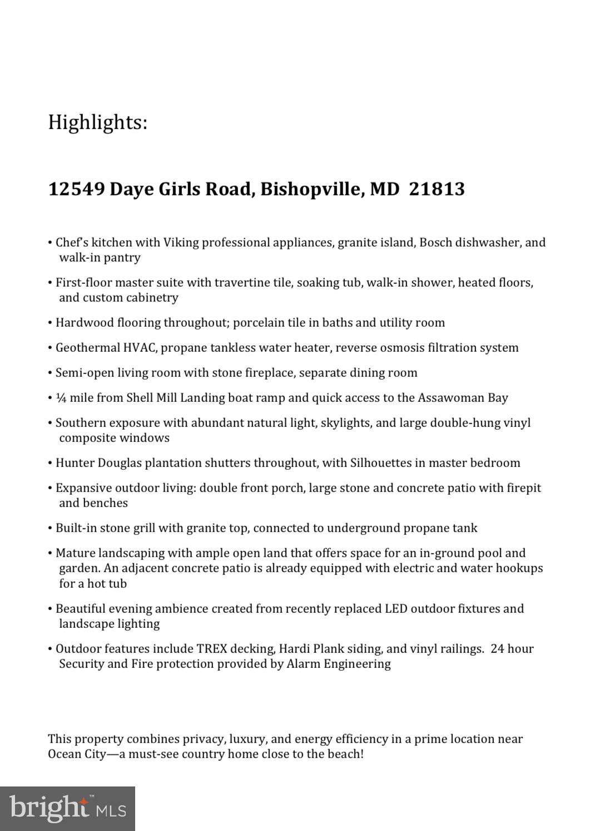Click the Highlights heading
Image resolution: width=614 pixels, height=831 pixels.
coord(98,122)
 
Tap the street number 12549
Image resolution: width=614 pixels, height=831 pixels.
coord(76,189)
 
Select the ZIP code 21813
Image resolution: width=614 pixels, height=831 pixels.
coord(437,189)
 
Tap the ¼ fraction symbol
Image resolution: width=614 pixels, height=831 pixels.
coord(61,398)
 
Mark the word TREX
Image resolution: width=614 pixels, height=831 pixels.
coord(211,649)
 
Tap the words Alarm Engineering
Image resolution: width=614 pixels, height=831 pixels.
coord(338,664)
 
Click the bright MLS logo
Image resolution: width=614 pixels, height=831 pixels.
coord(67,808)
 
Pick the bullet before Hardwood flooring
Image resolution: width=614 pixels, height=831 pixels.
coord(50,323)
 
